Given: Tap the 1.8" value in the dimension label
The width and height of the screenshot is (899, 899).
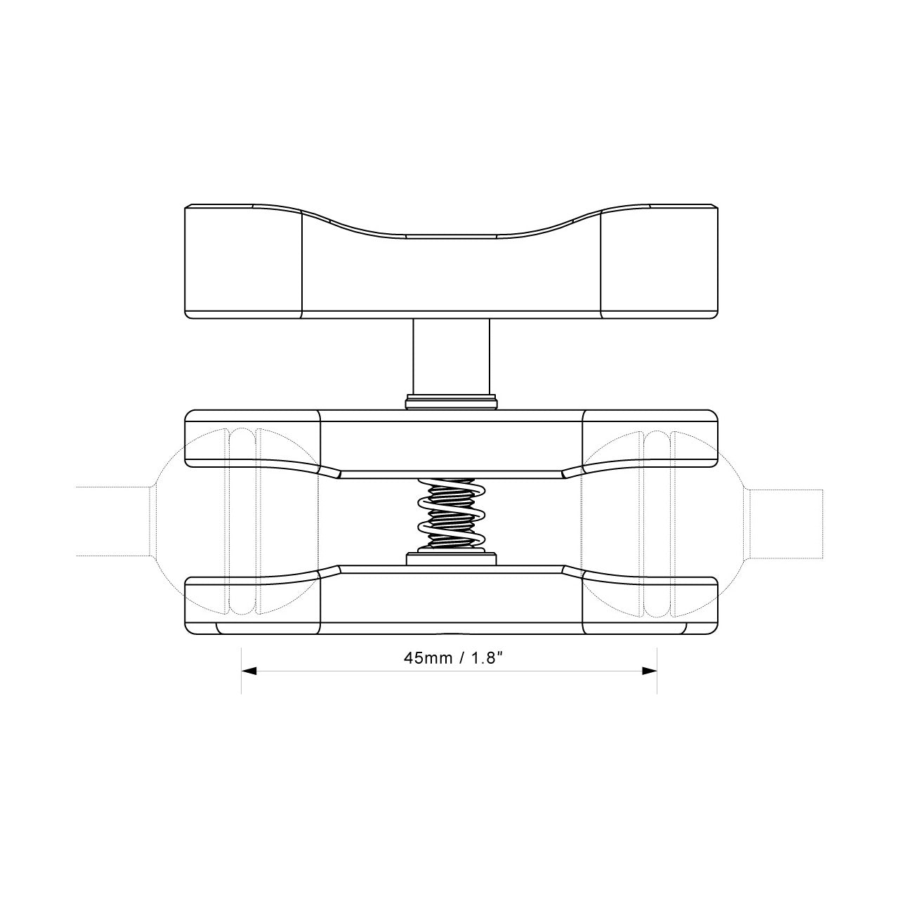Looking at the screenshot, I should (x=486, y=658).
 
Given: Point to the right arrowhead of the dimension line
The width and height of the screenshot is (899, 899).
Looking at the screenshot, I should (x=650, y=671).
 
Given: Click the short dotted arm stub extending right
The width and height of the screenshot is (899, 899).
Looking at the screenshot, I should (x=787, y=525).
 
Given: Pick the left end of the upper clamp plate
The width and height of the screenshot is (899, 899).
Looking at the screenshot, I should (x=253, y=439).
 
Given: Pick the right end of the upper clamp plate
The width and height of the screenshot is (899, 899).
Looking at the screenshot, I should (x=650, y=439).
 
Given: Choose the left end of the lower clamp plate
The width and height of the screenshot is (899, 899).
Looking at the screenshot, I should (x=253, y=604).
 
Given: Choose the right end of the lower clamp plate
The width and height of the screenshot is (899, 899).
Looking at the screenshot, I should (x=650, y=604).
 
